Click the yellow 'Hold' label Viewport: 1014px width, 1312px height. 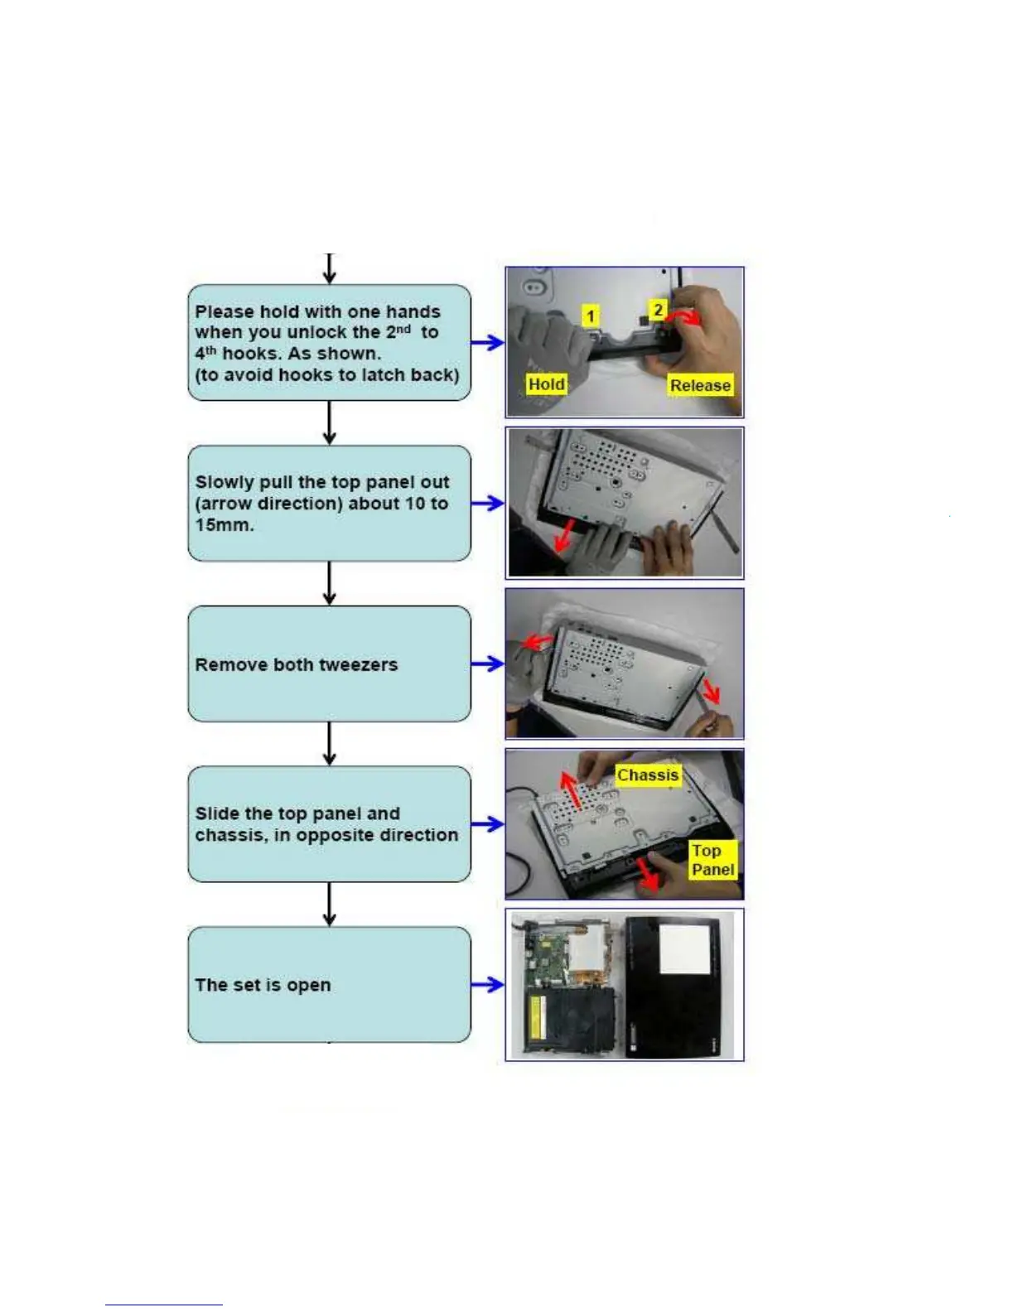point(547,384)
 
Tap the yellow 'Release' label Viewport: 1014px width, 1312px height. point(700,385)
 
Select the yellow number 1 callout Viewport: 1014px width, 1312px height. point(590,316)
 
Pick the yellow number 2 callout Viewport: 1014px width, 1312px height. point(658,310)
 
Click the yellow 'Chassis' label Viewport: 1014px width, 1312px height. point(648,775)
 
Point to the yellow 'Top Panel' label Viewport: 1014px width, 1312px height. point(712,860)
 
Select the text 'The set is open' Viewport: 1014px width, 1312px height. point(263,985)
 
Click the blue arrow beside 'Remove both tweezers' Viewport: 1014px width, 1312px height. point(488,663)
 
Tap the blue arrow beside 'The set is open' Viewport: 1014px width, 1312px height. point(488,985)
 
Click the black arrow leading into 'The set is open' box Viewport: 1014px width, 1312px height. point(330,904)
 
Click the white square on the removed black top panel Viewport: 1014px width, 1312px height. point(683,949)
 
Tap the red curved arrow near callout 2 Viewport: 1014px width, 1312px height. point(684,317)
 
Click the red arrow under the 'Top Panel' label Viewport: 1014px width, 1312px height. point(646,876)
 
